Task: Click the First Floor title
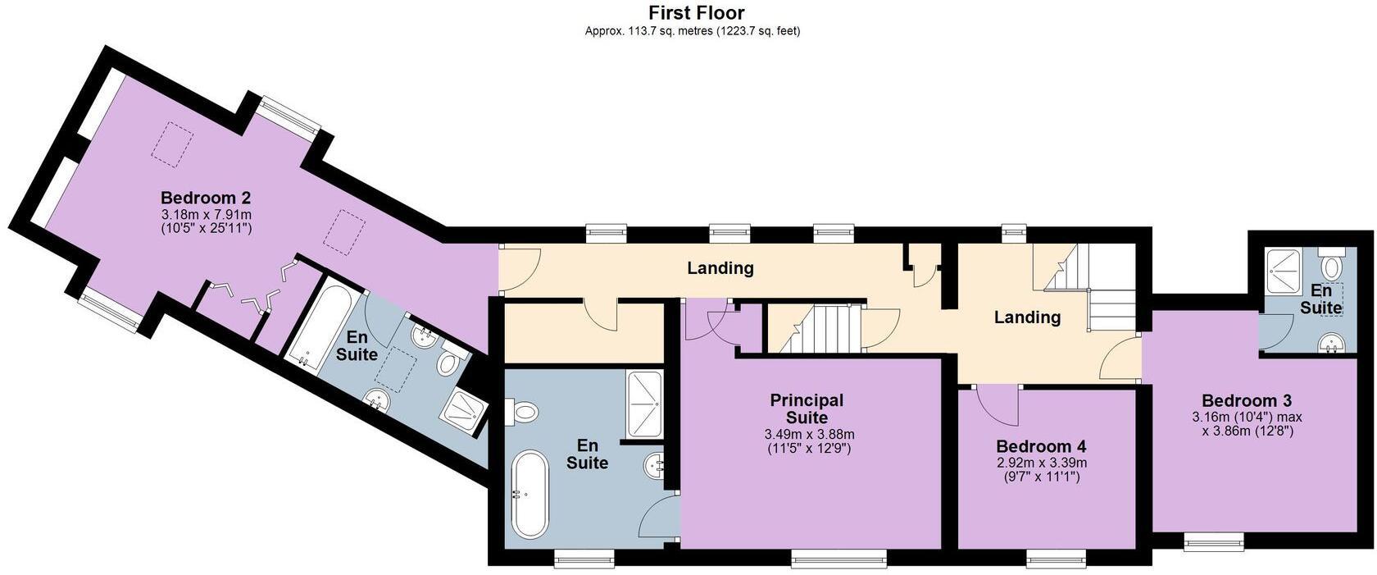tap(696, 12)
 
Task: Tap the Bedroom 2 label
tap(205, 198)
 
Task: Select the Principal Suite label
tap(807, 408)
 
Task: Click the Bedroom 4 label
tap(1041, 446)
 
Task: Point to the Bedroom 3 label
tap(1246, 400)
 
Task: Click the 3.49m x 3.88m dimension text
tap(809, 434)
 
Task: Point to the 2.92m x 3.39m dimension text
tap(1041, 463)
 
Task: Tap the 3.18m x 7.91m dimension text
tap(206, 214)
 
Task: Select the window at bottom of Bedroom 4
tap(1057, 561)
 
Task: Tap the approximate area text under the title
tap(692, 31)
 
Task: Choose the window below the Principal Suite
tap(838, 561)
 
